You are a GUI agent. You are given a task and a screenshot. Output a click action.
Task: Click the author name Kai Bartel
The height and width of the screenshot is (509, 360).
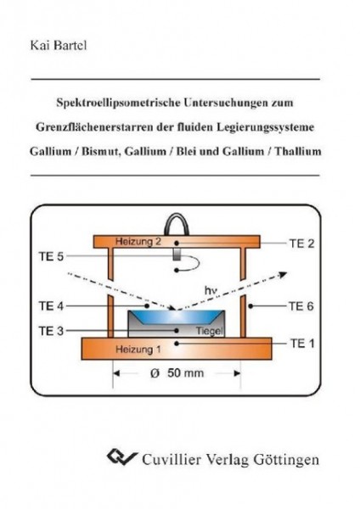point(59,45)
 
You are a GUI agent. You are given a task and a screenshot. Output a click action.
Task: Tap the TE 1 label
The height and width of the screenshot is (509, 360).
point(302,343)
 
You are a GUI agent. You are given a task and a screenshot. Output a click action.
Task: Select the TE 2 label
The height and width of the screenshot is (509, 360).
point(302,243)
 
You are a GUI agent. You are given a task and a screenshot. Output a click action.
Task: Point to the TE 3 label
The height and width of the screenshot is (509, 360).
point(51,331)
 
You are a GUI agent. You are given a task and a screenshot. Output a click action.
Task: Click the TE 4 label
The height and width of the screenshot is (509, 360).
point(51,305)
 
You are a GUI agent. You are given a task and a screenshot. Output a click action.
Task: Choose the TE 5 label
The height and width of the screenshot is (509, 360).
point(51,256)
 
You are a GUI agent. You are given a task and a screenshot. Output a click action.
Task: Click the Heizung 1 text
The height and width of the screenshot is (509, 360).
point(138,350)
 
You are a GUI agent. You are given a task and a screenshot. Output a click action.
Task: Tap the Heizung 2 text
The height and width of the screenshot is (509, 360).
point(138,242)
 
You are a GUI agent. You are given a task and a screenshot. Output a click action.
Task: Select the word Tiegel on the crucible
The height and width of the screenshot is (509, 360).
point(210,331)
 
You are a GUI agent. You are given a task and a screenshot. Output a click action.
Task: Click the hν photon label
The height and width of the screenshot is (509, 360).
point(211,290)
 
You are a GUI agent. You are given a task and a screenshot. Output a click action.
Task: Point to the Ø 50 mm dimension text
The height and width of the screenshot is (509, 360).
point(177,373)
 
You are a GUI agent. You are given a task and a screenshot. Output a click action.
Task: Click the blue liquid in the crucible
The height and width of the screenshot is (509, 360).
point(177,317)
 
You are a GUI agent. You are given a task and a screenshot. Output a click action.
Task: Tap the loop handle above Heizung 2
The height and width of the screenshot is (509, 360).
point(177,224)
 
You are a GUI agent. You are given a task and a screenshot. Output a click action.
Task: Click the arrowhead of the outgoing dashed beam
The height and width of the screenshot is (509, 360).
point(284,275)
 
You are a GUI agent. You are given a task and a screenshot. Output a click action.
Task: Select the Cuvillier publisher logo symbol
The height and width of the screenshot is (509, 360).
point(122,457)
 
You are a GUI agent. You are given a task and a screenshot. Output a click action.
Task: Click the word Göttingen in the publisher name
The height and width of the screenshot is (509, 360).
point(286,460)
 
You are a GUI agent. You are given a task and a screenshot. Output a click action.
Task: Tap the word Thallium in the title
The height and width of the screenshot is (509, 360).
point(298,151)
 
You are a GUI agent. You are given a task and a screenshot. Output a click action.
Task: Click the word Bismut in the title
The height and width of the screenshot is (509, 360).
point(100,151)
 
